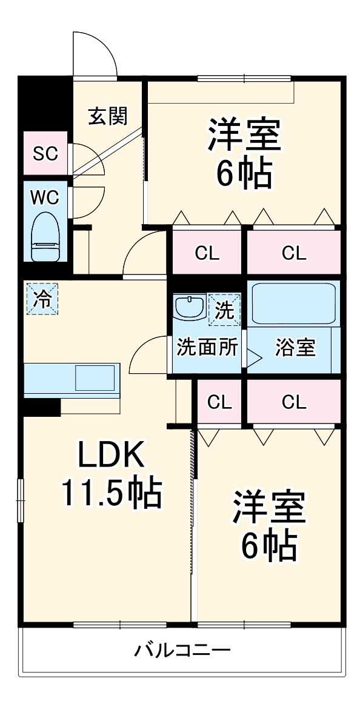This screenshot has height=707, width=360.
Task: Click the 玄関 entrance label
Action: pos(108,116)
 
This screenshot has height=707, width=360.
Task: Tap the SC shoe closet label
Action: pos(46,154)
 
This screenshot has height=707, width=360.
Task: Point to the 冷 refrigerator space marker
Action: pos(42,299)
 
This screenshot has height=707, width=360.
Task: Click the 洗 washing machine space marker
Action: pos(224,309)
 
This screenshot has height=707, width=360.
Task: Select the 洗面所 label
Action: pos(207,347)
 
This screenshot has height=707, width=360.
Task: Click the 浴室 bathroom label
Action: pos(295,347)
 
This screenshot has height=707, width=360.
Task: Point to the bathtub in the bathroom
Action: pos(293,303)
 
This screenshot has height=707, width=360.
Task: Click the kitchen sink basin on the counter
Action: pos(95,378)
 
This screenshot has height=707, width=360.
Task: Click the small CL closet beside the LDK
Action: pos(220,401)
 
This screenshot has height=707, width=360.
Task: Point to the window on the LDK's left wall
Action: pos(20,501)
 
